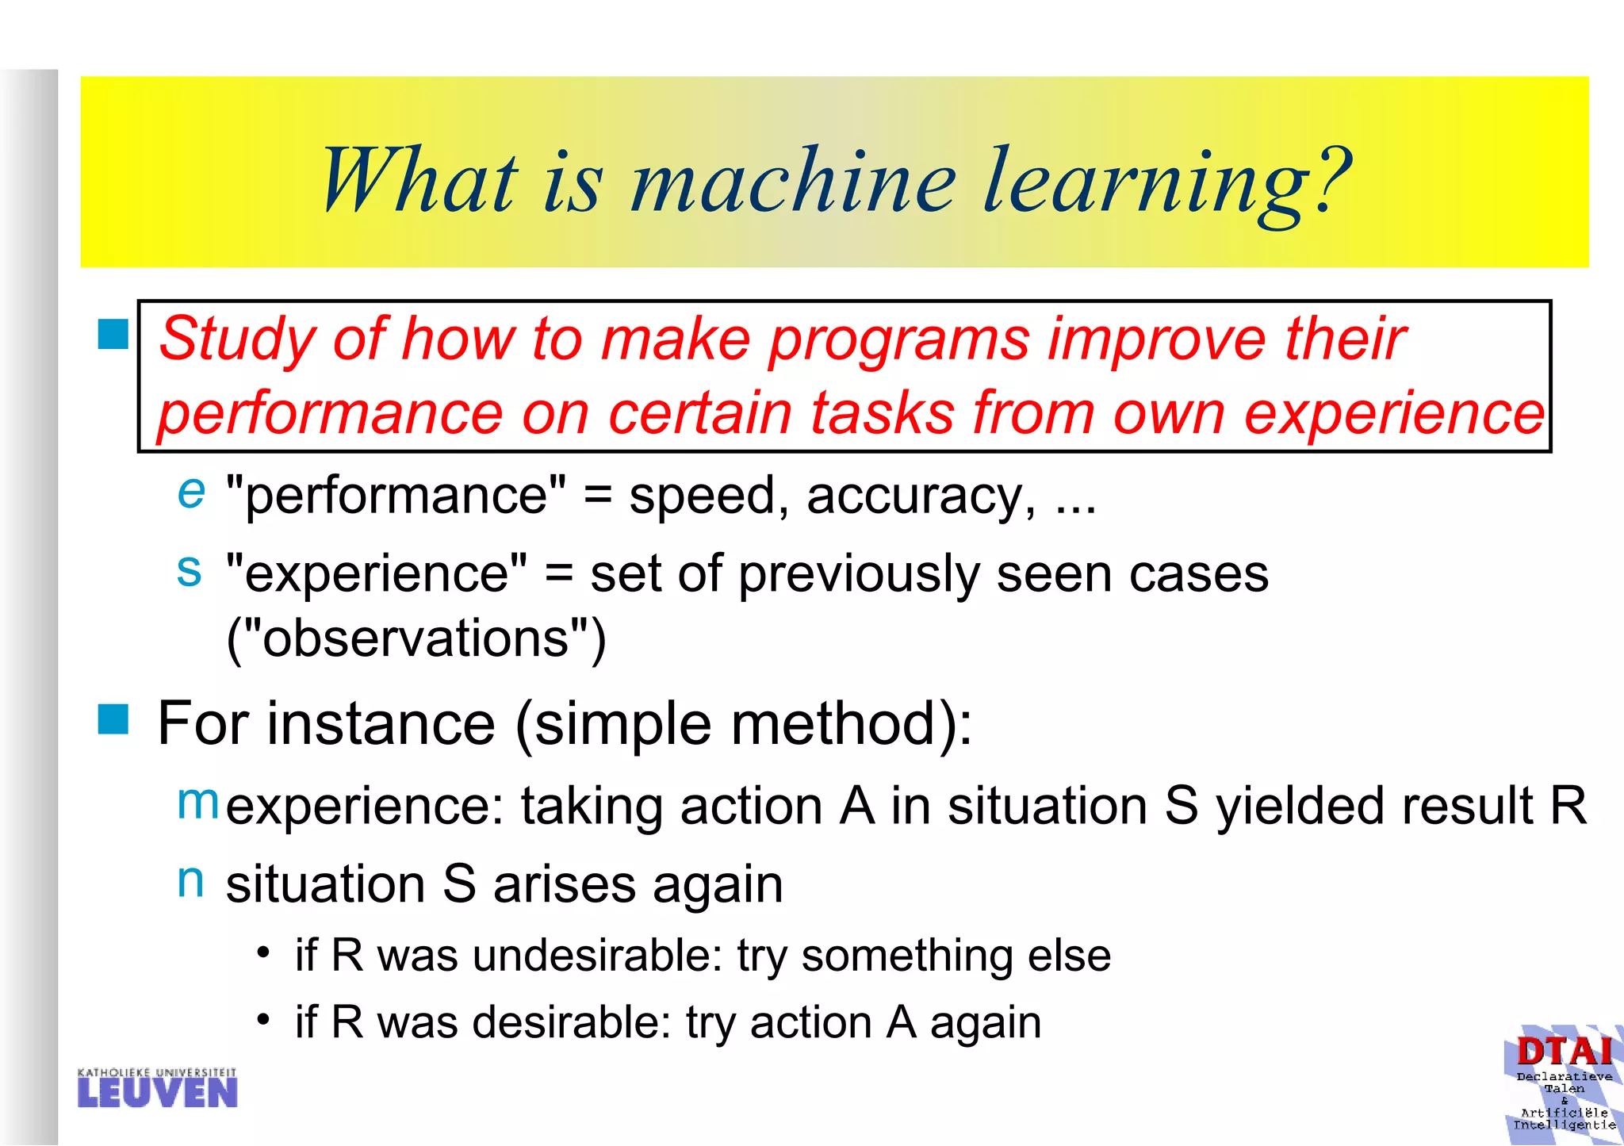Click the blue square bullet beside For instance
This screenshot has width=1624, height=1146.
(x=113, y=719)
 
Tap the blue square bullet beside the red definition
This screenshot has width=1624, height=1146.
(x=113, y=335)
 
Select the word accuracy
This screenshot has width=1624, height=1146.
(x=920, y=496)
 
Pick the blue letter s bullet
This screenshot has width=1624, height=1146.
(x=190, y=569)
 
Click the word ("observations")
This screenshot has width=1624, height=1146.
(x=416, y=638)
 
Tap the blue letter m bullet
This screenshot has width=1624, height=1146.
(x=197, y=802)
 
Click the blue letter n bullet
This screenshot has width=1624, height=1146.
(x=190, y=880)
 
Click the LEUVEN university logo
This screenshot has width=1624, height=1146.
(x=158, y=1088)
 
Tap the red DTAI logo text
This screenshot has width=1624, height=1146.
(x=1565, y=1052)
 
